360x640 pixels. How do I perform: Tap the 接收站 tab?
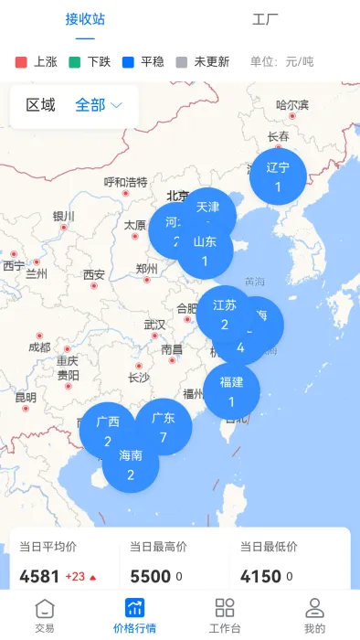(85, 19)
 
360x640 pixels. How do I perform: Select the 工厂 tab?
(265, 19)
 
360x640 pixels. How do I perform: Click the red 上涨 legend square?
(22, 62)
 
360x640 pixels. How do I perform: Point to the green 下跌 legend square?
(76, 62)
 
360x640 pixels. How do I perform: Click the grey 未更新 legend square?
(181, 62)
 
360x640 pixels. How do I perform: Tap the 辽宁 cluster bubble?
(278, 176)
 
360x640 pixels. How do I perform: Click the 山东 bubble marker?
(206, 251)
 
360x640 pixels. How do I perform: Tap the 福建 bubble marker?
(231, 390)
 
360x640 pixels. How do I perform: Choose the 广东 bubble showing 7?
(164, 427)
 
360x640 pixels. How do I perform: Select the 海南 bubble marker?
(131, 464)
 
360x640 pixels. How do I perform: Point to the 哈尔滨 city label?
(292, 104)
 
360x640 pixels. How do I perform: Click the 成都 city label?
(39, 347)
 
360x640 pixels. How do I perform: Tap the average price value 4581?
(39, 577)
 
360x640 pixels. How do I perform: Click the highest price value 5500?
(150, 577)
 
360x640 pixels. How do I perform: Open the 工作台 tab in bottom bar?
(225, 615)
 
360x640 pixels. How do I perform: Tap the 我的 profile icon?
(314, 609)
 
